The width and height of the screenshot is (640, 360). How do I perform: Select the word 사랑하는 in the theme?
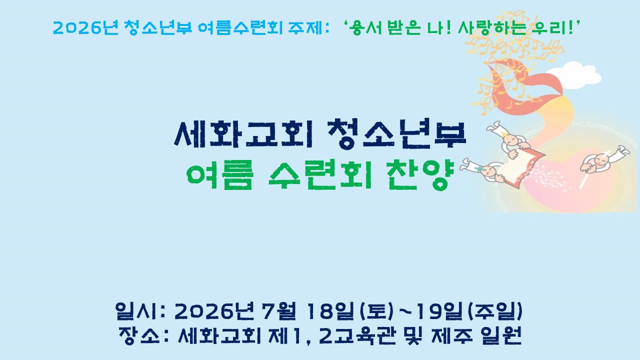491,27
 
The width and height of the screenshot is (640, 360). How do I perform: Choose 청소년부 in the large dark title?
397,133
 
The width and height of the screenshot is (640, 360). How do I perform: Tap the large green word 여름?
219,175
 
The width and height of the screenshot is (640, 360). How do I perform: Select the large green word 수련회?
320,175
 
